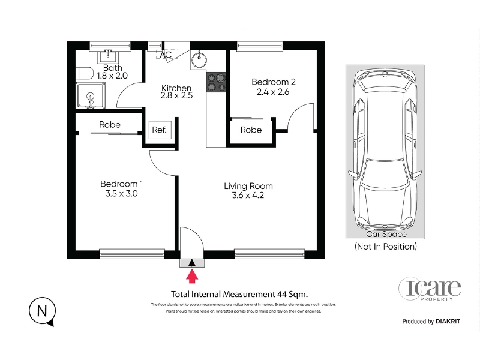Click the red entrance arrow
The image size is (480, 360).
tap(192, 276)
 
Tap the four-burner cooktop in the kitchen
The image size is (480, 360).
tap(216, 82)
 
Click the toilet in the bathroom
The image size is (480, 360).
tap(85, 73)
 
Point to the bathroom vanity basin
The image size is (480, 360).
tap(108, 56)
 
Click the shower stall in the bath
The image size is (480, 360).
tap(91, 96)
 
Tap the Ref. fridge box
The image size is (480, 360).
tap(160, 130)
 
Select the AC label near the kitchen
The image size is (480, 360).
tap(166, 55)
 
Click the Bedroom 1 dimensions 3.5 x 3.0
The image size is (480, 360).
tap(122, 193)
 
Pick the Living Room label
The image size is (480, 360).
tap(248, 186)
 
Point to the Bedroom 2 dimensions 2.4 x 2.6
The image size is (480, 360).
tap(273, 92)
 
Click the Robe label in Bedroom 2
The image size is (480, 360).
tap(251, 130)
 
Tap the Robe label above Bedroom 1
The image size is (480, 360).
tap(110, 125)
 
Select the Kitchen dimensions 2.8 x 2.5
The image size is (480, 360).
tap(176, 95)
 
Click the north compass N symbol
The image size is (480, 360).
tap(42, 311)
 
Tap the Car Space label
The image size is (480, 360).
tap(386, 234)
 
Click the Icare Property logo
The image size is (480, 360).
tap(430, 289)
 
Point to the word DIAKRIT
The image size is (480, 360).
tap(448, 322)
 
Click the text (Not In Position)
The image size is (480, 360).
tap(386, 247)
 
